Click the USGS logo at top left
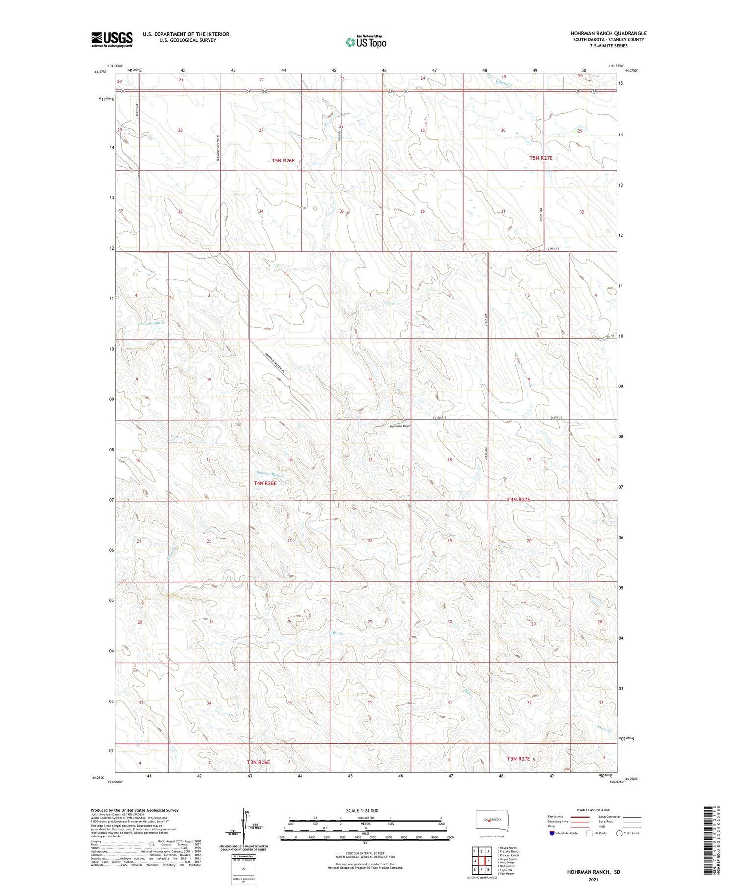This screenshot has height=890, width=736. tap(112, 39)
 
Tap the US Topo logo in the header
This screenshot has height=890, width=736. tap(366, 42)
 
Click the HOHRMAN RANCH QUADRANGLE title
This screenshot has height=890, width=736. tap(608, 33)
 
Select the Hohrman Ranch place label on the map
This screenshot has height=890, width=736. tap(400, 426)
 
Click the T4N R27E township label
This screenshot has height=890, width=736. tap(519, 499)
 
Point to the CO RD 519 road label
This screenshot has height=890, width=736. tap(441, 417)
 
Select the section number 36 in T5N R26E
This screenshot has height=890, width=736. tap(422, 211)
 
